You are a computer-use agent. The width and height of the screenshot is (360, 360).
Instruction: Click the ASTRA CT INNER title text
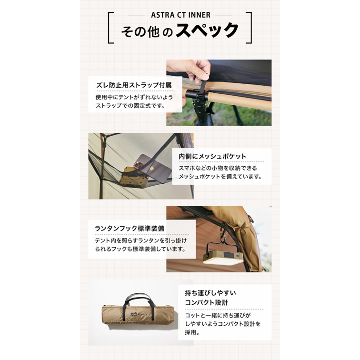click(x=180, y=15)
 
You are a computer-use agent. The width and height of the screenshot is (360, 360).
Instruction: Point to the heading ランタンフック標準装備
click(x=130, y=228)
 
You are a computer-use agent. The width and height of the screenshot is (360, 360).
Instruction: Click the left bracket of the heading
click(x=110, y=27)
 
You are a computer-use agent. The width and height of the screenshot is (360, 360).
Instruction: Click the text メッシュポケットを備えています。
click(x=220, y=176)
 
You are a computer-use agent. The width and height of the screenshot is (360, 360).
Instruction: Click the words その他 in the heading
click(x=138, y=32)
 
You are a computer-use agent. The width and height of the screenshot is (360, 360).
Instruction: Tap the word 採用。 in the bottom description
click(x=192, y=332)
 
